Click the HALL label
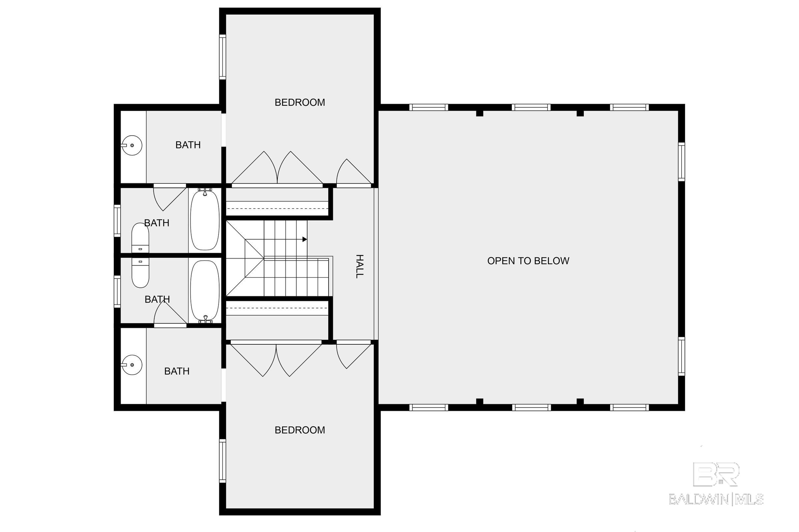[359, 266]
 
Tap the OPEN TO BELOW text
[528, 261]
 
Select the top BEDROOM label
[300, 102]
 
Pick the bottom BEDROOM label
[300, 430]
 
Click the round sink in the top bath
[132, 145]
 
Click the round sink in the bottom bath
[132, 365]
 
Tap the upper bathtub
[205, 220]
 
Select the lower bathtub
[205, 291]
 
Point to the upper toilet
[140, 237]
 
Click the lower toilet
[140, 273]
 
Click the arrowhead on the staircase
[305, 239]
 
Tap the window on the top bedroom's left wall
[222, 57]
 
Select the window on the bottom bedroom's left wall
[222, 461]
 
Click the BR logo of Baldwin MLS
[716, 474]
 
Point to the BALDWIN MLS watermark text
[716, 499]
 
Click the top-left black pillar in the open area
[479, 113]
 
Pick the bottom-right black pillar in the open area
[580, 401]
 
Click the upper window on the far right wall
[681, 162]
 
